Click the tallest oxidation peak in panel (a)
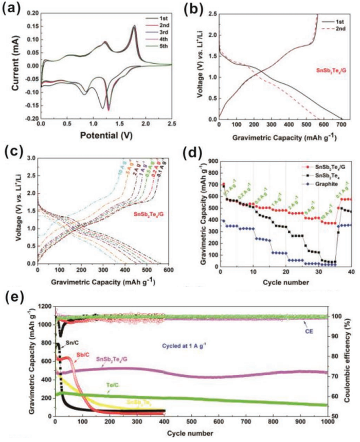click(x=134, y=26)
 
